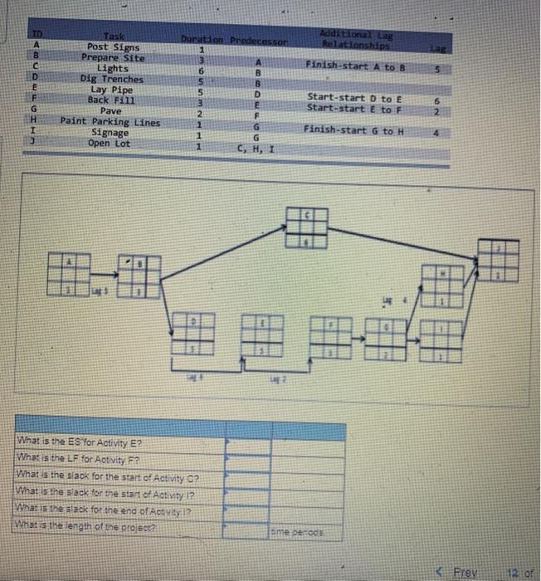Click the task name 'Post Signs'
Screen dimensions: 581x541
[x=111, y=48]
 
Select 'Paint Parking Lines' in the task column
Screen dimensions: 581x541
[x=110, y=122]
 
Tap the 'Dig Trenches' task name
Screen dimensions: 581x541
[x=111, y=79]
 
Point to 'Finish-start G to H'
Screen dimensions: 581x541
[x=354, y=129]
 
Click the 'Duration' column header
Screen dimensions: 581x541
[x=196, y=39]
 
